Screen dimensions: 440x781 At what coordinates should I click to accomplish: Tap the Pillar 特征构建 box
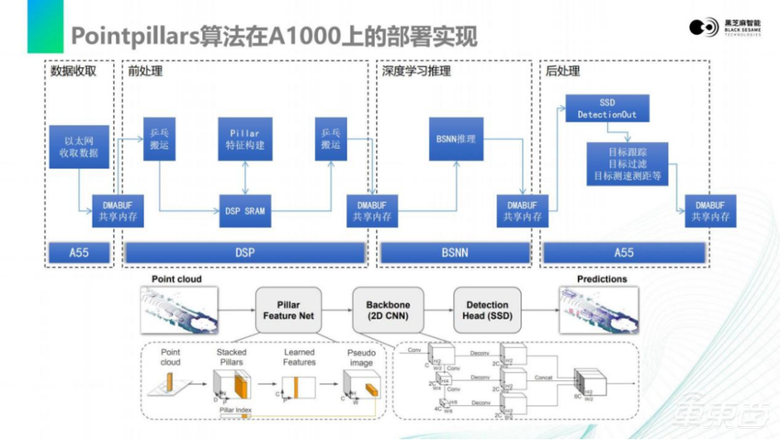click(244, 139)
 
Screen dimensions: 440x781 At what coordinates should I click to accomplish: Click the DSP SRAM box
click(244, 210)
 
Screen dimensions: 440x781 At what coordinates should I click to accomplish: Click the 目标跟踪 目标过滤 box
click(628, 163)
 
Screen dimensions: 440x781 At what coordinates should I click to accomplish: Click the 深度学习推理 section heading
click(411, 70)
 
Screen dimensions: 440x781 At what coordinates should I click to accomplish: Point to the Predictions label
click(602, 279)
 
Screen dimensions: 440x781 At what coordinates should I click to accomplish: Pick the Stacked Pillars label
click(232, 356)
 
